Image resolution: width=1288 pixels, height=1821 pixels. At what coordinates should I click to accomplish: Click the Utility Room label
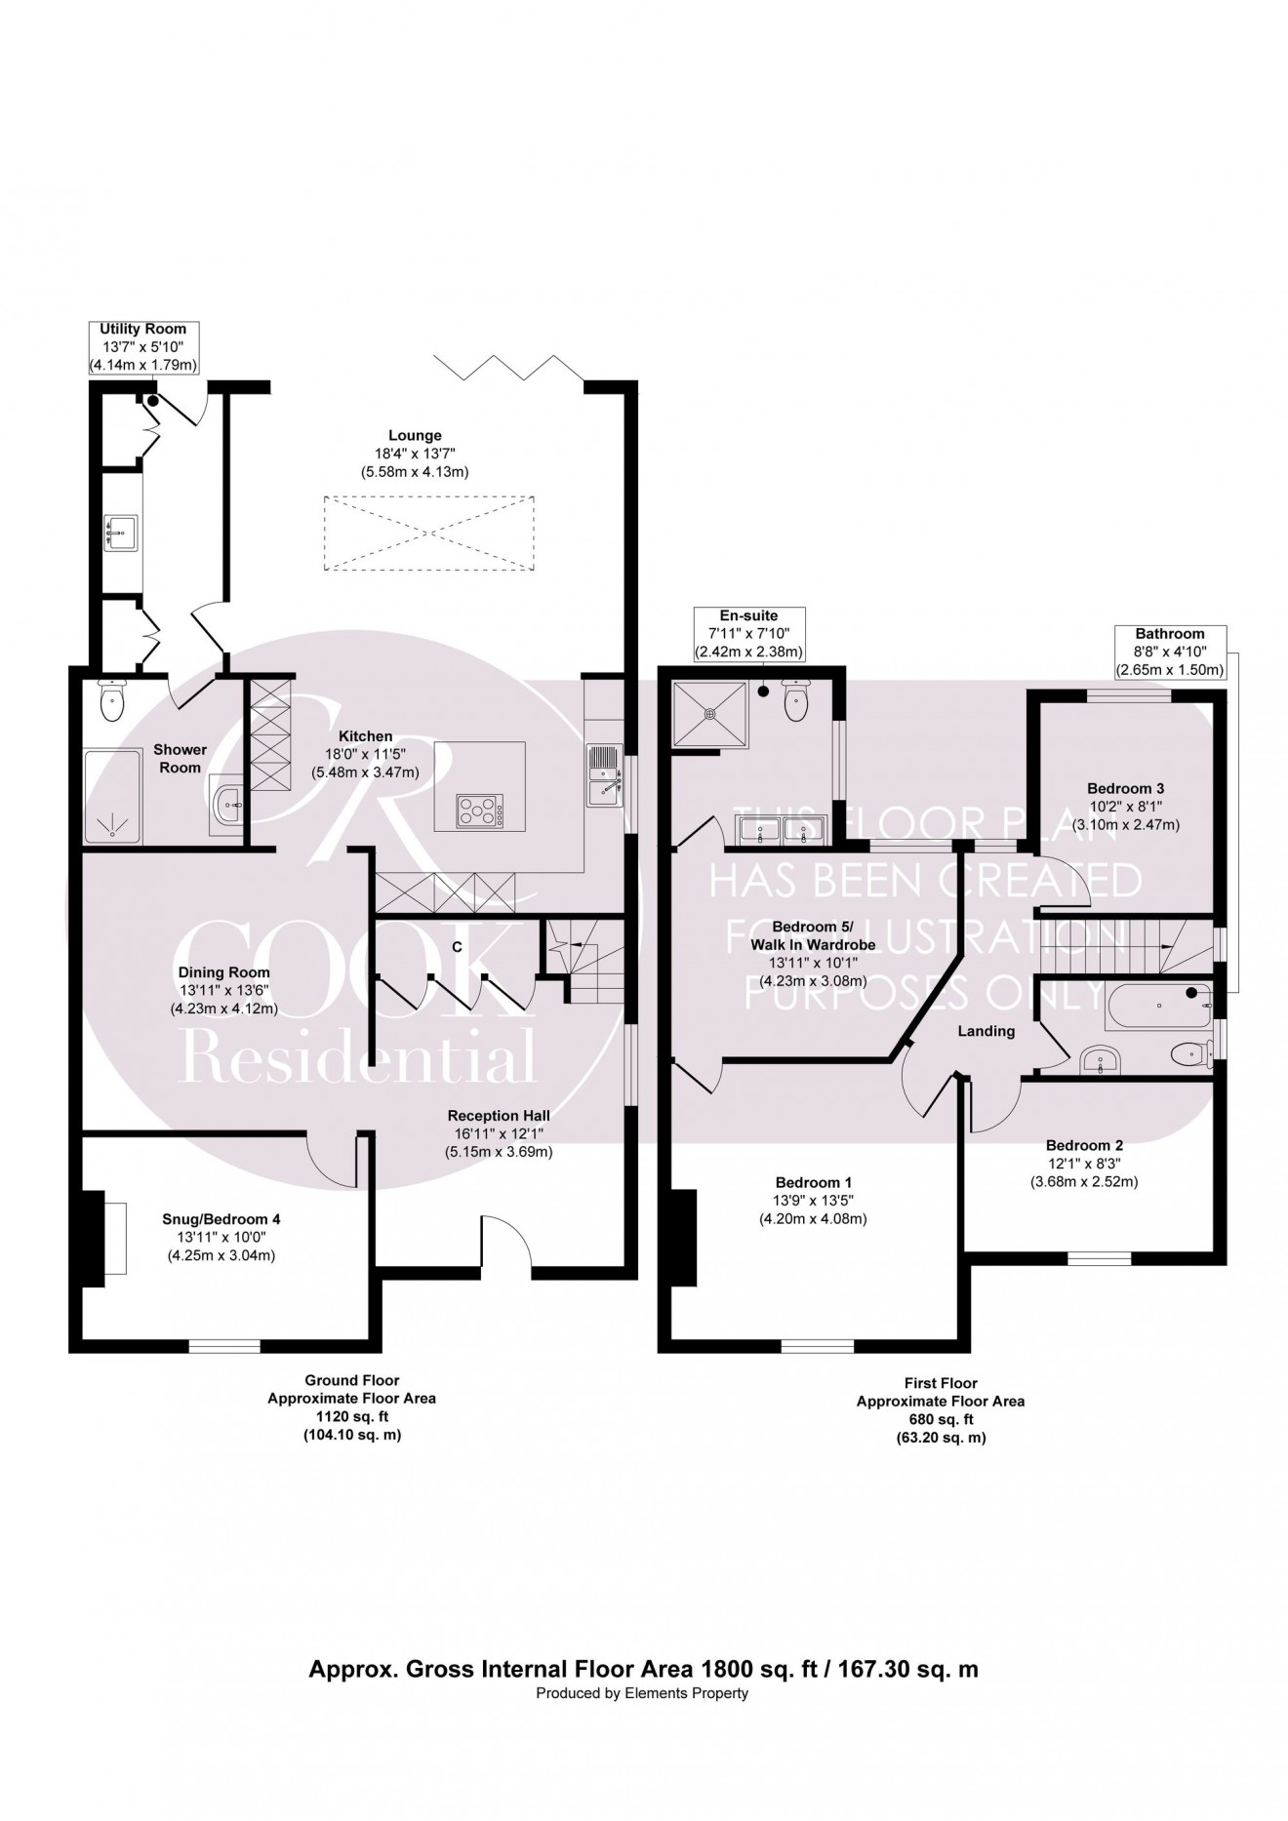coord(143,329)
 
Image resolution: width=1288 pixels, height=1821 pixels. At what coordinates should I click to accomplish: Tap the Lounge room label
coord(415,436)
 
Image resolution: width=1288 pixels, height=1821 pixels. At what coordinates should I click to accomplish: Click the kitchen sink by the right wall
coord(604,775)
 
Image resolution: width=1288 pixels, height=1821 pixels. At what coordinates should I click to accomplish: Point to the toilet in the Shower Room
coord(112,700)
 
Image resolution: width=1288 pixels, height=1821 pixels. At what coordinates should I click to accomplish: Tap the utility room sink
coord(121,532)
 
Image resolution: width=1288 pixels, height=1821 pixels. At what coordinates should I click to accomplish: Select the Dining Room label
coord(223,972)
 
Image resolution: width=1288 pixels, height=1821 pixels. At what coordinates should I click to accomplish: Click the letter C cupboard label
coord(456,947)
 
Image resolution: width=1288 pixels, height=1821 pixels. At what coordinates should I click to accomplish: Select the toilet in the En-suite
coord(797,701)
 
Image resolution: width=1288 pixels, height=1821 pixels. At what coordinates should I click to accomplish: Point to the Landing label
coord(986,1031)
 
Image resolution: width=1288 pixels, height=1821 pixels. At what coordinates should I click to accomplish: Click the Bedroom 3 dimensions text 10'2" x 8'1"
coord(1126,807)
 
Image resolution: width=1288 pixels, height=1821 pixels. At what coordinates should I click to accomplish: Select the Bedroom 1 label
coord(813,1182)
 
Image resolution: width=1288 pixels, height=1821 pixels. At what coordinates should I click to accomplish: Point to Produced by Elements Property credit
coord(642,1693)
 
